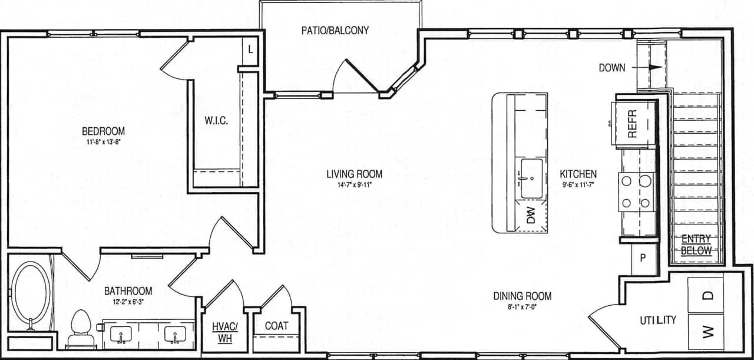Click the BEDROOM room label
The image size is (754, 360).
[x=103, y=131]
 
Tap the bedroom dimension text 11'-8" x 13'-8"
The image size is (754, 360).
[x=103, y=142]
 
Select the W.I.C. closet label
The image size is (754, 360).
[x=216, y=121]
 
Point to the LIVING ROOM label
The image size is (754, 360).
[x=355, y=174]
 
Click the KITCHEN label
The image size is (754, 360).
[x=578, y=174]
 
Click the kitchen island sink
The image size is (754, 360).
[x=531, y=178]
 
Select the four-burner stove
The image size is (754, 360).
[x=637, y=192]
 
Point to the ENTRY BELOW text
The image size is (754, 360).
[x=696, y=245]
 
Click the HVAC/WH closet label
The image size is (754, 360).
[x=224, y=332]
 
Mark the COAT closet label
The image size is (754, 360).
[x=276, y=326]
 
